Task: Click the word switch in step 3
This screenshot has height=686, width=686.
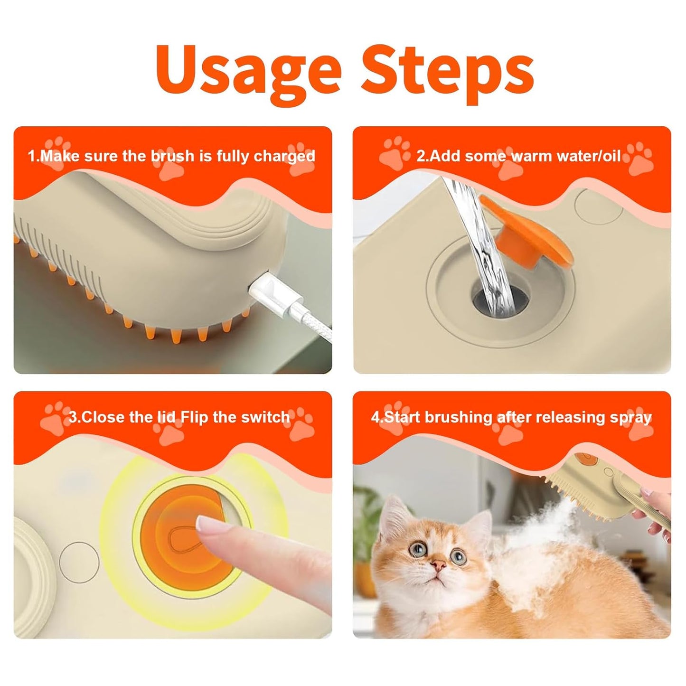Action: [x=265, y=417]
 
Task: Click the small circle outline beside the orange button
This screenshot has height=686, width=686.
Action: [x=79, y=563]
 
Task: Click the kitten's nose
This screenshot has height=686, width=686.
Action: [x=440, y=565]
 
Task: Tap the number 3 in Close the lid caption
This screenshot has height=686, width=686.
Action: [x=73, y=417]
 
